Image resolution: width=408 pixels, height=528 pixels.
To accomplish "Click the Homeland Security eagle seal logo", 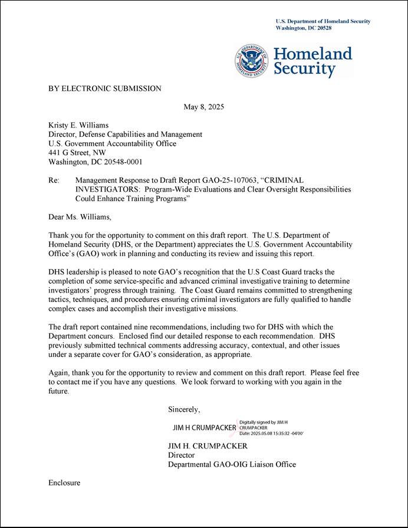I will [x=252, y=61].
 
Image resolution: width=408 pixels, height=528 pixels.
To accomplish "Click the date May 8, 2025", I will [x=203, y=107].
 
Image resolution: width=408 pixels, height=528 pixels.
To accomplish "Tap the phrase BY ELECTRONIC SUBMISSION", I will [x=104, y=88].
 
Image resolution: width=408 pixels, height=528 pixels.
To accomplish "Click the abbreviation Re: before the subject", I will [x=54, y=180].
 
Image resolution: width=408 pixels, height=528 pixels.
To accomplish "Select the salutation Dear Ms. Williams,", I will [x=79, y=217].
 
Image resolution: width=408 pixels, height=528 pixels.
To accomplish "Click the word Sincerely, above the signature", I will [x=184, y=409].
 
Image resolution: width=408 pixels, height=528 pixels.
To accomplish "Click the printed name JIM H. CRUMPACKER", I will [x=208, y=446].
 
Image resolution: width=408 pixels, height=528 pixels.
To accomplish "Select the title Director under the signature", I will [x=181, y=455].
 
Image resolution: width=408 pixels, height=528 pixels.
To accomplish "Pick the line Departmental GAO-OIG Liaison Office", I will [x=232, y=464].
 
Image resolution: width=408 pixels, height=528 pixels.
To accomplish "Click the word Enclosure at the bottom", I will [x=64, y=483].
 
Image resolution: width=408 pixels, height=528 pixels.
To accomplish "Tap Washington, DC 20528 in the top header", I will [x=304, y=28].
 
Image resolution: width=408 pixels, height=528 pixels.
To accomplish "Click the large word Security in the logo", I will [x=304, y=69].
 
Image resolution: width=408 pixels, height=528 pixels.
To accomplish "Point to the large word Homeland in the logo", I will [x=312, y=54].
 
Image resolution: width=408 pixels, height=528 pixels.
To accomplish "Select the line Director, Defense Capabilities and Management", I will [x=125, y=134].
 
